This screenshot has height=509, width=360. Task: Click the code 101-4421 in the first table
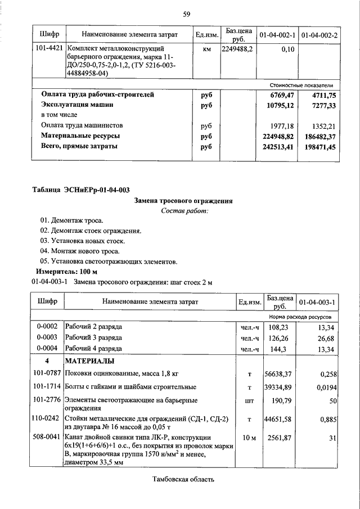(48, 49)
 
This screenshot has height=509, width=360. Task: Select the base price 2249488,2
(237, 49)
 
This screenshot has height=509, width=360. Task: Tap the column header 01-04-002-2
(319, 35)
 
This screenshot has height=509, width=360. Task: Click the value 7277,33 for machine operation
(322, 105)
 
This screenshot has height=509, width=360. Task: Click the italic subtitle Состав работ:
(184, 211)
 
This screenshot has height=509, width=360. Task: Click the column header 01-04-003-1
(318, 302)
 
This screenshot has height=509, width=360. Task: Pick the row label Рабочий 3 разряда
(93, 339)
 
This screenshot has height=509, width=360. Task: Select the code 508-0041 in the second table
(48, 437)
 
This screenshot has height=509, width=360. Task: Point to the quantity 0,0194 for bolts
(325, 387)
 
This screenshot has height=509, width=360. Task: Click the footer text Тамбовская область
(183, 480)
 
